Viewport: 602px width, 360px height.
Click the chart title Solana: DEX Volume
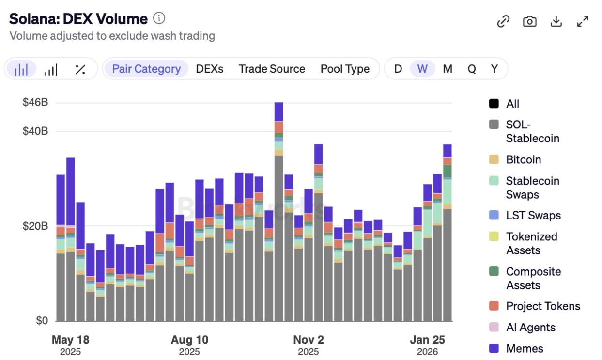pyautogui.click(x=78, y=19)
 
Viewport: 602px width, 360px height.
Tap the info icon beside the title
pyautogui.click(x=159, y=18)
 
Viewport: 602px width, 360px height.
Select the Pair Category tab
pyautogui.click(x=146, y=69)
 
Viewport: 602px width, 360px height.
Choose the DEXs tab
pyautogui.click(x=210, y=69)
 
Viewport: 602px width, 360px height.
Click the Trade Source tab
pyautogui.click(x=272, y=69)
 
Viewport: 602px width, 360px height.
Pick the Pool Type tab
pyautogui.click(x=345, y=69)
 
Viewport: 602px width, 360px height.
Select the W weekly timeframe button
pyautogui.click(x=422, y=69)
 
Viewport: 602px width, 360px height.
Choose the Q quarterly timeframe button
pyautogui.click(x=471, y=69)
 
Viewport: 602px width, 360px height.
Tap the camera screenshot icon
pyautogui.click(x=530, y=21)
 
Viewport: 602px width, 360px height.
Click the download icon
pyautogui.click(x=556, y=21)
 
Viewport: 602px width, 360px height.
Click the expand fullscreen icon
pyautogui.click(x=583, y=21)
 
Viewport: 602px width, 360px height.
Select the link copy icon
pyautogui.click(x=504, y=21)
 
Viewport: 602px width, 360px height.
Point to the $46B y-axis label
pyautogui.click(x=35, y=103)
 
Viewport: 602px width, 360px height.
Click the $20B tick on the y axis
pyautogui.click(x=35, y=226)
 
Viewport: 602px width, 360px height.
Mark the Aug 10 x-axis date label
pyautogui.click(x=189, y=340)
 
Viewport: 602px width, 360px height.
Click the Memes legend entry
pyautogui.click(x=524, y=348)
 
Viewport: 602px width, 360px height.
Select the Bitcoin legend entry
pyautogui.click(x=523, y=159)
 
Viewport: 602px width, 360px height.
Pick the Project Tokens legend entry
pyautogui.click(x=542, y=306)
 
